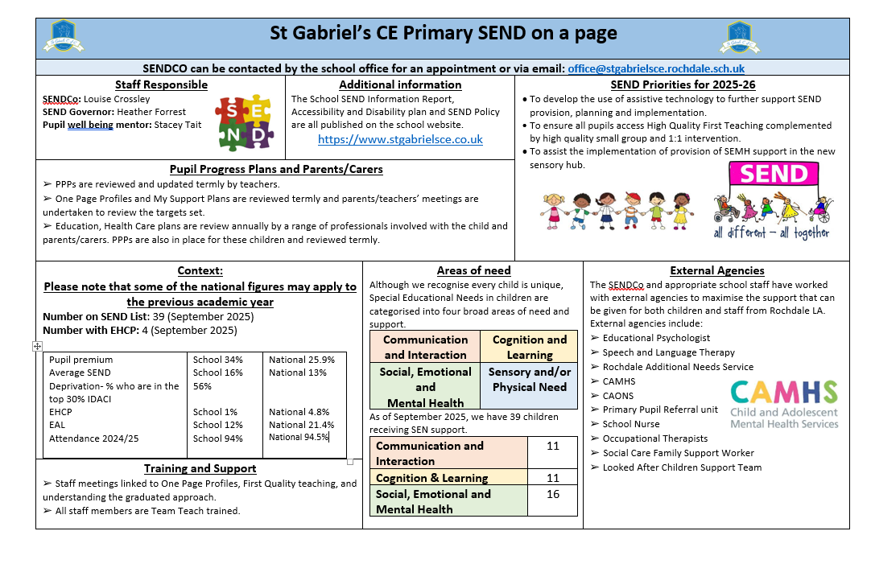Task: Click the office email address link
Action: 656,69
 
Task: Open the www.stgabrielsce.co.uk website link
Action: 400,139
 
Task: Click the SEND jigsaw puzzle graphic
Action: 245,122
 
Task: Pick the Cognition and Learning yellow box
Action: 529,347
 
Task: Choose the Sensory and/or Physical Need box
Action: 529,379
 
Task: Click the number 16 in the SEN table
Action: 552,494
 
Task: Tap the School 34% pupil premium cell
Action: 217,360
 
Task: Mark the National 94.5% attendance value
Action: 299,438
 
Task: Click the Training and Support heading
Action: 200,468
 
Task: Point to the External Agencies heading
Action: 716,271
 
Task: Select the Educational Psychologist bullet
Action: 656,338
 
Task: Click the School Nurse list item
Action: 630,424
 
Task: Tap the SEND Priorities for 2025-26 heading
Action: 683,84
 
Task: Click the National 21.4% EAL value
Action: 301,425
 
